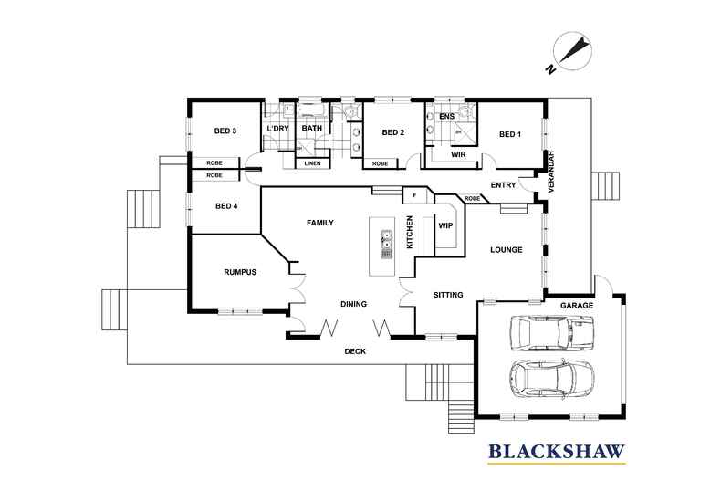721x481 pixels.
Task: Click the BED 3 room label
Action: pyautogui.click(x=225, y=131)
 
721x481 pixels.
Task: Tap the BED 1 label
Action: pyautogui.click(x=510, y=134)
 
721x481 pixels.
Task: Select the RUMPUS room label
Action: pyautogui.click(x=239, y=272)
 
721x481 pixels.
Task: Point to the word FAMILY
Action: pyautogui.click(x=319, y=223)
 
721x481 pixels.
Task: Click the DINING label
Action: pyautogui.click(x=353, y=304)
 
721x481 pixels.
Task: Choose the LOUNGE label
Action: pyautogui.click(x=506, y=249)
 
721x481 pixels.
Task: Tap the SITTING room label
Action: pyautogui.click(x=447, y=295)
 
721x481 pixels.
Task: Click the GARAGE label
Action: pyautogui.click(x=577, y=305)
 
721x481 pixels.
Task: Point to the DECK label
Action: pyautogui.click(x=355, y=351)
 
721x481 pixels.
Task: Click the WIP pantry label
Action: pyautogui.click(x=446, y=225)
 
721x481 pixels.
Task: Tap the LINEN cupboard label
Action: pyautogui.click(x=312, y=163)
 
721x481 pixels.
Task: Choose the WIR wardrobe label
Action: pyautogui.click(x=459, y=155)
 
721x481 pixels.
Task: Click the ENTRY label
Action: pyautogui.click(x=503, y=185)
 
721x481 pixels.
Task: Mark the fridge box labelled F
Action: pyautogui.click(x=413, y=195)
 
